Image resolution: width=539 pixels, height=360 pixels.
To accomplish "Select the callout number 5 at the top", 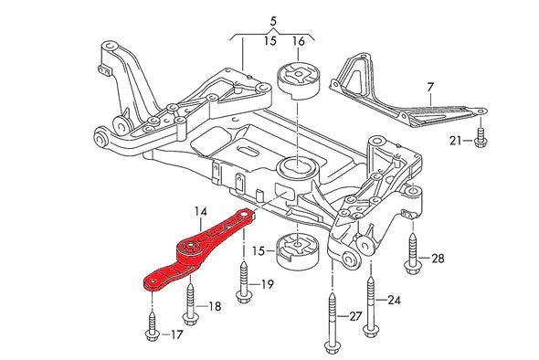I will tap(272, 19).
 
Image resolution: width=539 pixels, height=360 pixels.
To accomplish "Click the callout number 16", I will tap(299, 42).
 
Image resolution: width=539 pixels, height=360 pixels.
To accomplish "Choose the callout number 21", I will tap(456, 141).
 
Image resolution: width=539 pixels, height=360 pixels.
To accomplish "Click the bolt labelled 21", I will tap(478, 138).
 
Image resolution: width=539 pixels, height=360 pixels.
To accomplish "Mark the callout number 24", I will tap(394, 299).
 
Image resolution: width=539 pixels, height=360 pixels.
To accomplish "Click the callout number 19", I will tap(267, 284).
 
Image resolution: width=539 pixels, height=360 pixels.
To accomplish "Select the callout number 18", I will tap(214, 307).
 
